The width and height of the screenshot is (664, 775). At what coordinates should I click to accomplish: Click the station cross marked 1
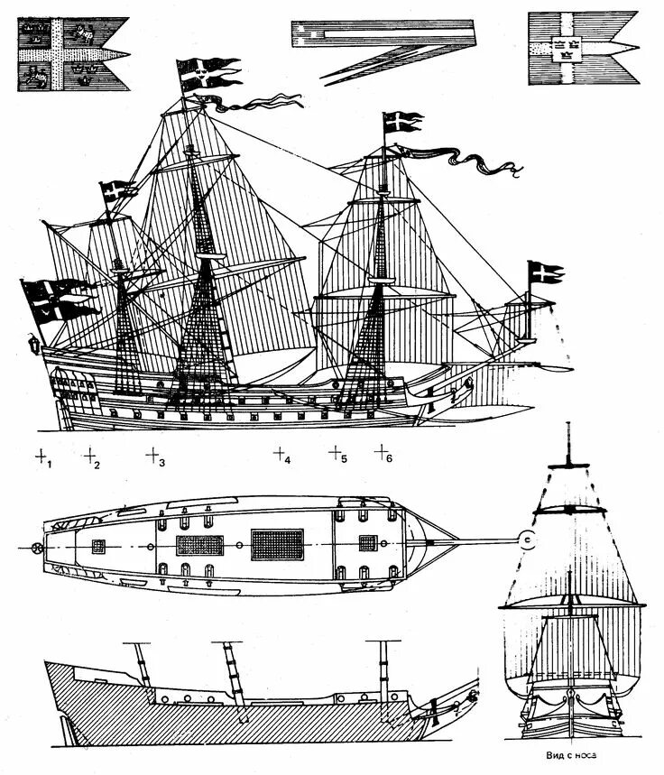tap(41, 457)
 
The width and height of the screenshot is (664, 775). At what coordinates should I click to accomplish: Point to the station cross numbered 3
tap(152, 455)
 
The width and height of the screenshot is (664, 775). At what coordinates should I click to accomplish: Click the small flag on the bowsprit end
tap(543, 272)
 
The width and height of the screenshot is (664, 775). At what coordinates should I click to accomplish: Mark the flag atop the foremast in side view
tap(402, 122)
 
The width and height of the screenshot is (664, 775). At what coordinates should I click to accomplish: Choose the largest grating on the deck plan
tap(276, 544)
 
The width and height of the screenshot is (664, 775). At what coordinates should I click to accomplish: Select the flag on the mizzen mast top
tap(117, 190)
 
